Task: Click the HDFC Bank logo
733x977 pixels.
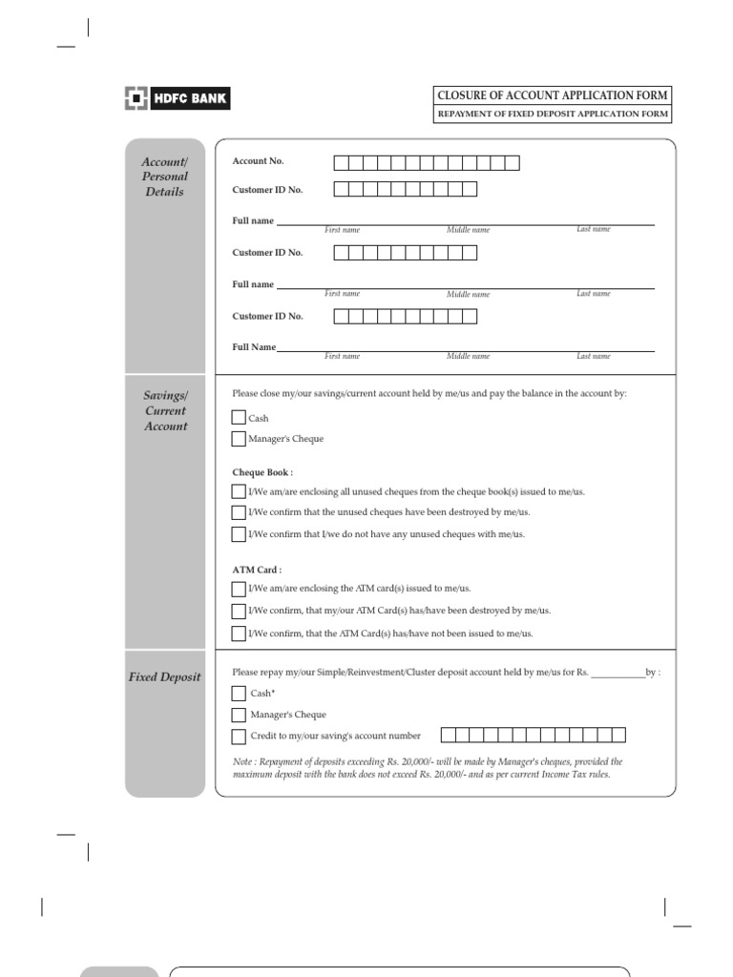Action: coord(178,98)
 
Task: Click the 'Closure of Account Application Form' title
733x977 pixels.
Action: coord(553,95)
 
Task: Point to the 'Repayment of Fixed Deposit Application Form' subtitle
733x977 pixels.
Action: coord(553,114)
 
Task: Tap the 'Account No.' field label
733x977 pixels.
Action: coord(259,161)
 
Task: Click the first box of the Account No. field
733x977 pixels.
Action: coord(341,163)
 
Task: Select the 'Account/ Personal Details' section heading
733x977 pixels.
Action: coord(165,177)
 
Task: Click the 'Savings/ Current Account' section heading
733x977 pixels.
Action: coord(165,411)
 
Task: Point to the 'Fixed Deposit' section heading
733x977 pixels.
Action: coord(165,676)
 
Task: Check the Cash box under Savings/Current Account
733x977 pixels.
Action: coord(239,418)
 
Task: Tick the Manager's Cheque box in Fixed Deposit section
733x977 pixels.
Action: coord(239,715)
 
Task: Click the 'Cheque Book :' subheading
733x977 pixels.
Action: coord(262,472)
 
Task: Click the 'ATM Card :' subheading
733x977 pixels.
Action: coord(257,570)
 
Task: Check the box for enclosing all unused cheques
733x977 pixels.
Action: coord(239,491)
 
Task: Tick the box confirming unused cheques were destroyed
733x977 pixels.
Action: coord(239,512)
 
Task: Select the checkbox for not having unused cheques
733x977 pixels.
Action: coord(239,534)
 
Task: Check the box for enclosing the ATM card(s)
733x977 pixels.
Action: coord(239,589)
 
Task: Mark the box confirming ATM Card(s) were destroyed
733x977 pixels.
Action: coord(239,611)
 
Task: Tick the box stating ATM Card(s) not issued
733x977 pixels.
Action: coord(239,634)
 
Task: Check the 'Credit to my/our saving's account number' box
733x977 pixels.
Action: coord(239,737)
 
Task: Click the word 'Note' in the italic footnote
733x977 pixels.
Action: coord(242,762)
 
